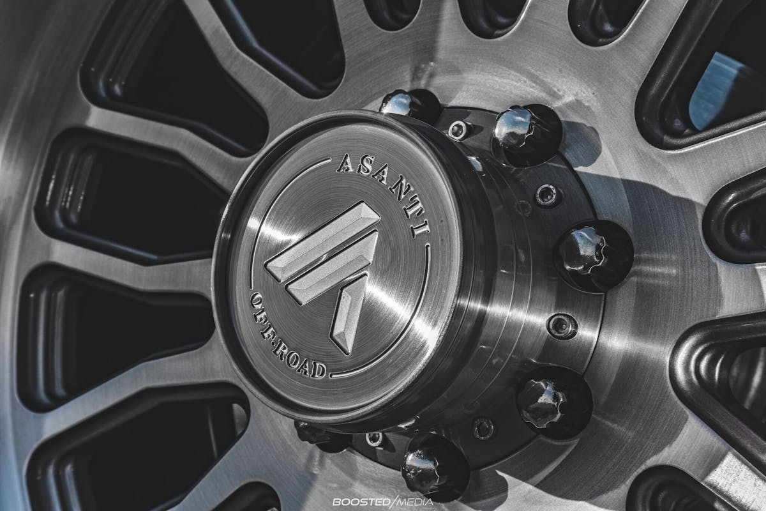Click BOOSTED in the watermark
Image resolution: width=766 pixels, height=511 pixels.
(361, 502)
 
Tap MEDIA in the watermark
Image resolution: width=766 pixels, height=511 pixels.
(415, 502)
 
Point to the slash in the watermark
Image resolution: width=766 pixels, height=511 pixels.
(393, 502)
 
